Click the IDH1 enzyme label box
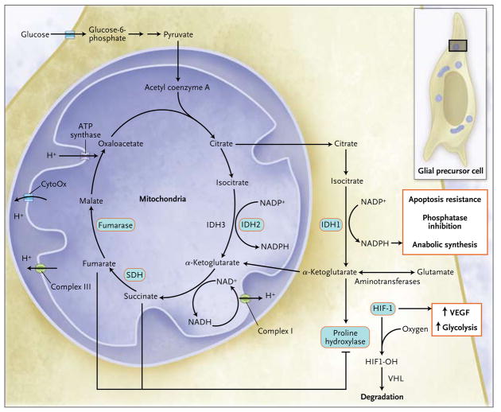tap(332, 225)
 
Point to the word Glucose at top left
tap(33, 34)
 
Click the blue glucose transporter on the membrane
tap(70, 34)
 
